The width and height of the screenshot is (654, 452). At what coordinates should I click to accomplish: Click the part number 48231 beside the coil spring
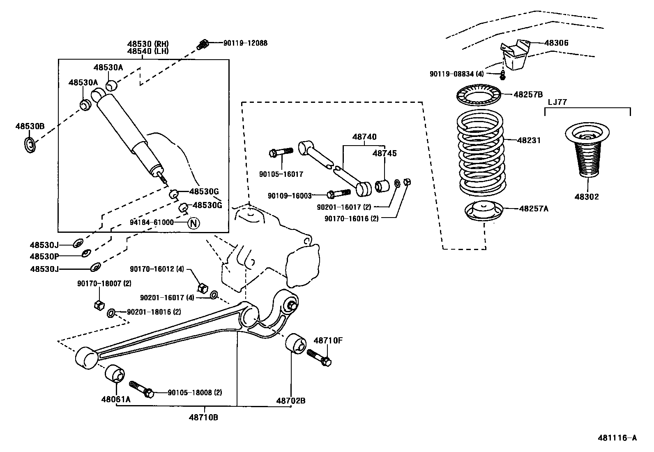(529, 140)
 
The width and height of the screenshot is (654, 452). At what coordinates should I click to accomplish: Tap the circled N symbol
(193, 223)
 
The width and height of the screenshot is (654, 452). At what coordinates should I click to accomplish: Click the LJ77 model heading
(557, 102)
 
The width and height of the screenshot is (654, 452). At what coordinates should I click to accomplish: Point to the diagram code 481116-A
(617, 438)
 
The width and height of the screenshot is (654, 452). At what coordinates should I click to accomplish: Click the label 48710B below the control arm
(203, 417)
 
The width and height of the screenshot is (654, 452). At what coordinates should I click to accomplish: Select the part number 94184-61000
(152, 223)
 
